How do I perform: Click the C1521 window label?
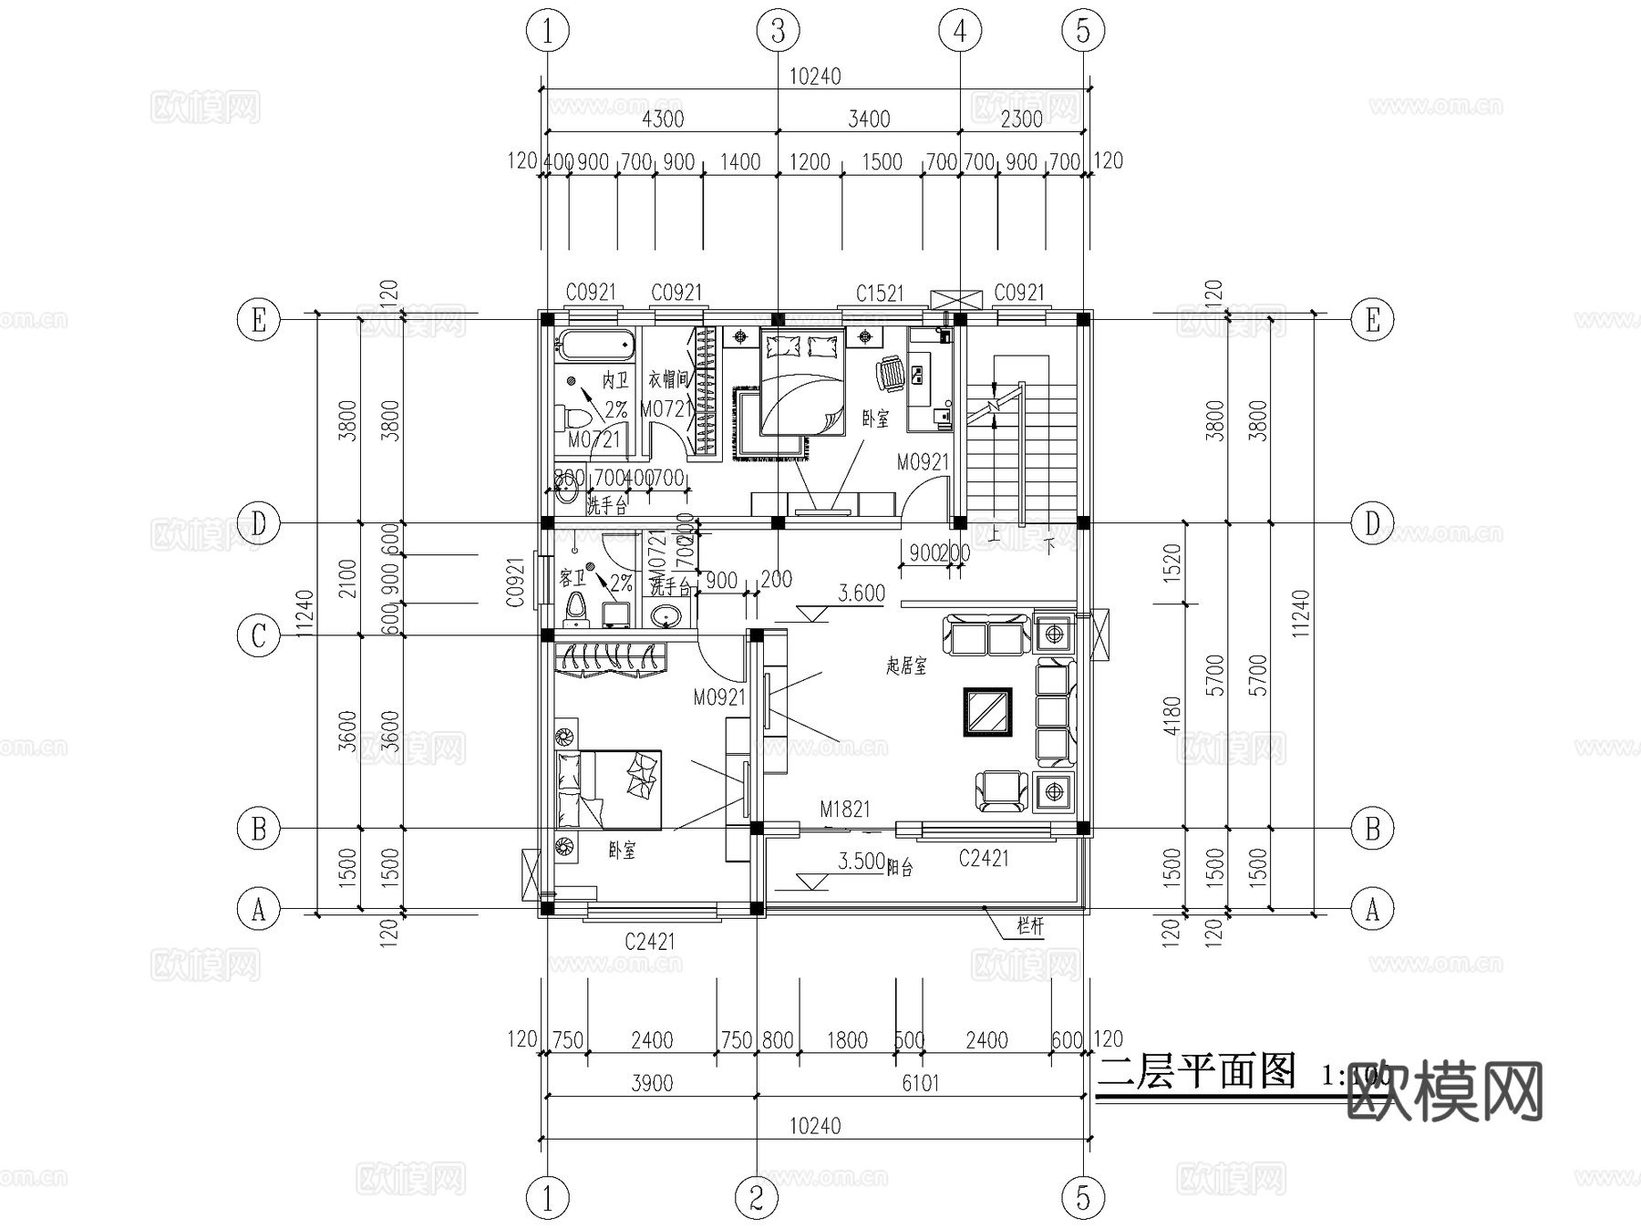click(x=879, y=293)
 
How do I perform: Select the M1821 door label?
click(x=844, y=809)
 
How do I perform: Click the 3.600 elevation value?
click(x=862, y=593)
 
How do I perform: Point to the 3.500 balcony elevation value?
click(x=862, y=862)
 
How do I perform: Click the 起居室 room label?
click(x=906, y=666)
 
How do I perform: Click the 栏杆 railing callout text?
click(x=1029, y=926)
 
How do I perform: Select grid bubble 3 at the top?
click(x=778, y=31)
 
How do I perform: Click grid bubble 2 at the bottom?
click(x=756, y=1197)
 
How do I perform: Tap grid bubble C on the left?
click(x=258, y=635)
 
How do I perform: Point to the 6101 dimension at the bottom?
click(x=920, y=1083)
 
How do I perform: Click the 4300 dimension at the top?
click(x=663, y=119)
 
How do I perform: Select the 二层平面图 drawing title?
click(x=1196, y=1072)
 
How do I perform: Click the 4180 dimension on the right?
click(x=1172, y=715)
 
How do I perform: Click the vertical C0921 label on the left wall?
click(x=516, y=583)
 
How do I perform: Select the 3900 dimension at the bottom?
click(x=652, y=1083)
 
